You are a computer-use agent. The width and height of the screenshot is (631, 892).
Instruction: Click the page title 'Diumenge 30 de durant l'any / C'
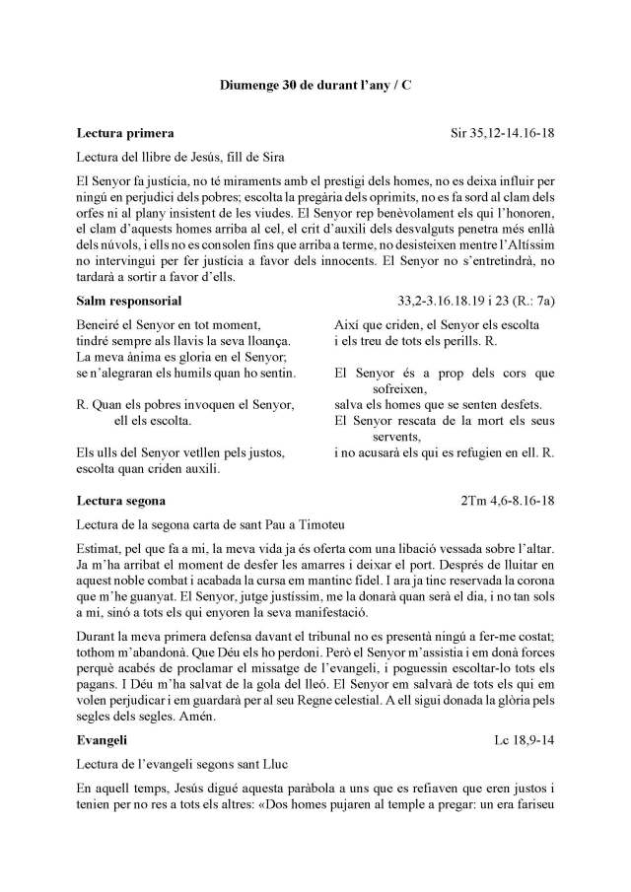315,86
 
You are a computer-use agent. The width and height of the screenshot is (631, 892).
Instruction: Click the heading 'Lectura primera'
125,132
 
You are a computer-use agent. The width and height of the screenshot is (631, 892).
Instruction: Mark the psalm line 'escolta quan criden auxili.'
148,468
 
